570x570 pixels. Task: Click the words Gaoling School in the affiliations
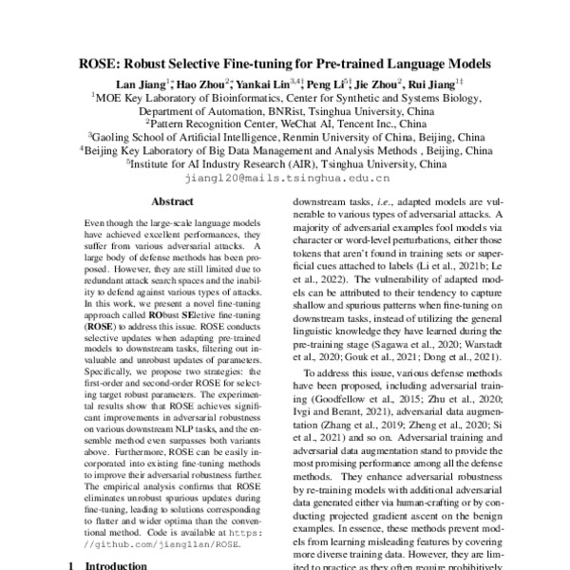pyautogui.click(x=130, y=136)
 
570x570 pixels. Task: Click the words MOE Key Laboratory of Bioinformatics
pyautogui.click(x=181, y=96)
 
